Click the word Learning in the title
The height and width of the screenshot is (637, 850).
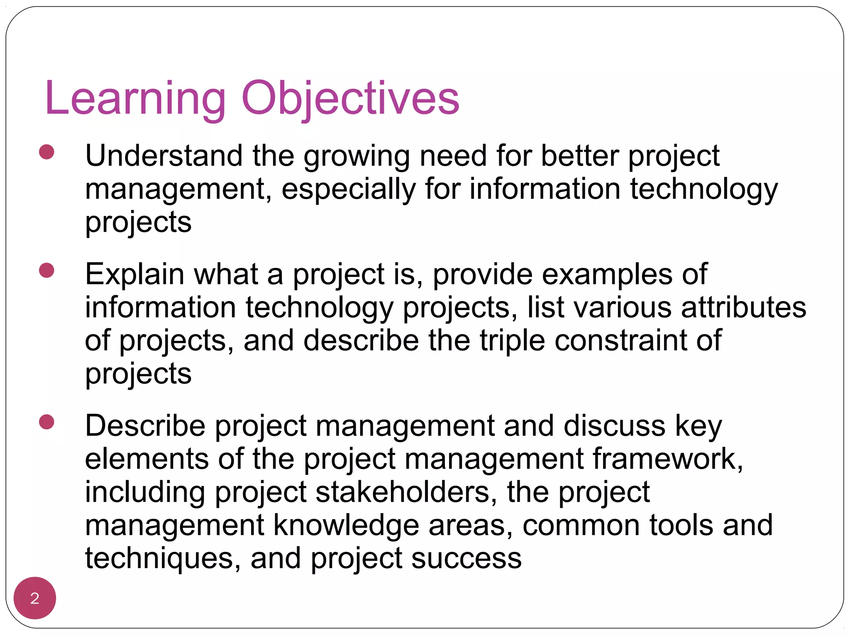tap(135, 99)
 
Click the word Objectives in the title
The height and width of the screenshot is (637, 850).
tap(350, 99)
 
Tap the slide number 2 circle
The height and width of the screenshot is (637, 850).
tap(35, 598)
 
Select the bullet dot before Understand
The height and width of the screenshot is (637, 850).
tap(46, 152)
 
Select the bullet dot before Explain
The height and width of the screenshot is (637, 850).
tap(46, 270)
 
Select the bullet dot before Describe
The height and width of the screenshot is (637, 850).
tap(46, 422)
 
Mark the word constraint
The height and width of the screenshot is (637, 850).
tap(621, 341)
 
